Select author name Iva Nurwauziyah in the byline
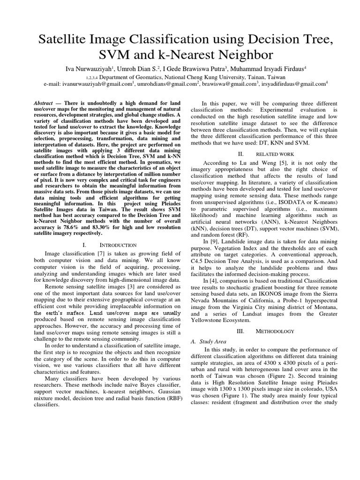pos(91,68)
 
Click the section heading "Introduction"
pos(116,245)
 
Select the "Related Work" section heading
pos(274,153)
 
